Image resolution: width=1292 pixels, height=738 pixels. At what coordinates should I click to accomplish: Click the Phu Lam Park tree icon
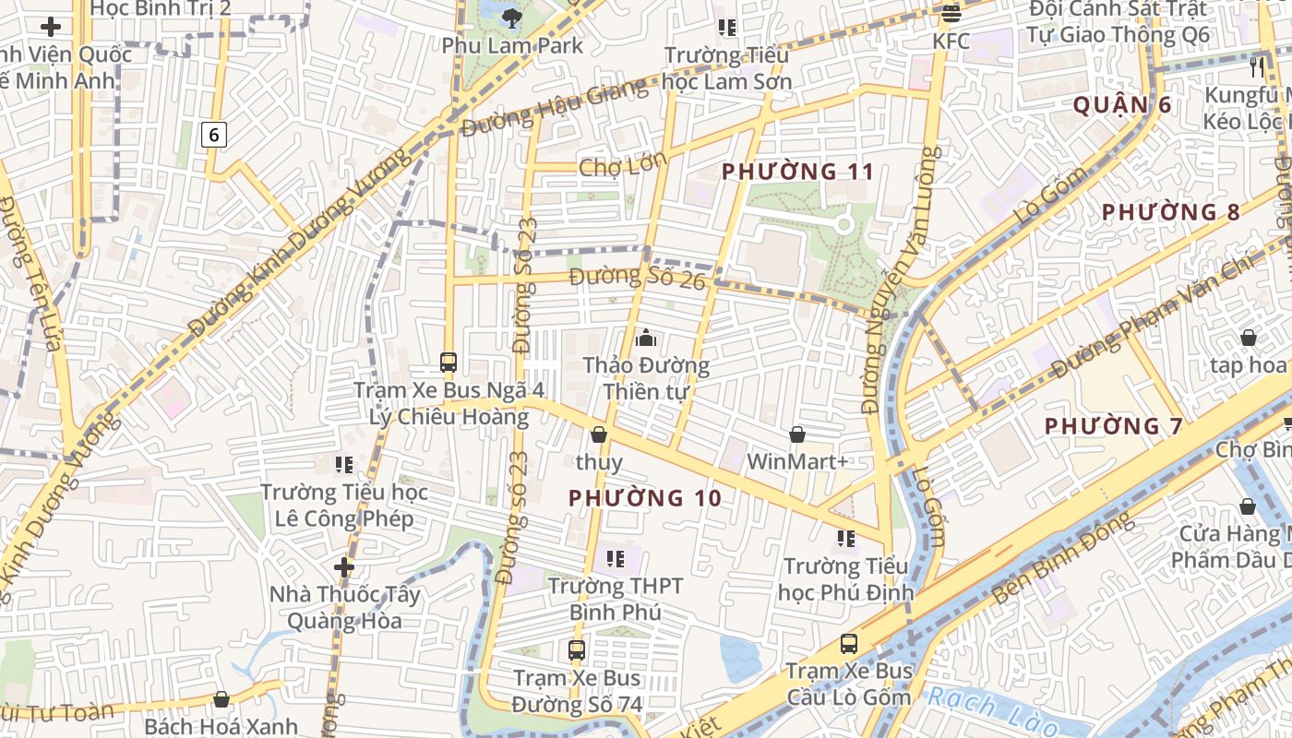click(511, 18)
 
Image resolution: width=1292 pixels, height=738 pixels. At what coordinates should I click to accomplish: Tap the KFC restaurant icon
click(951, 14)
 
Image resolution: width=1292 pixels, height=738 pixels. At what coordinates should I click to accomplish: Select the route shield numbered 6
click(214, 136)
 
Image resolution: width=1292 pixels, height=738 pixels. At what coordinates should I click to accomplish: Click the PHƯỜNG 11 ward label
click(797, 172)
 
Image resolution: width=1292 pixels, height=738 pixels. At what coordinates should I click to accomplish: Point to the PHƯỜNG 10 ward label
click(644, 498)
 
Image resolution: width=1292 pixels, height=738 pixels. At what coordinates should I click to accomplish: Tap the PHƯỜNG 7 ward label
click(1113, 426)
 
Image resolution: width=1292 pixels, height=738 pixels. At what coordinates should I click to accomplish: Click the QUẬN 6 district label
click(1121, 105)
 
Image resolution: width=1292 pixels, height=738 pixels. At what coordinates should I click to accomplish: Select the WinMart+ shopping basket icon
click(797, 434)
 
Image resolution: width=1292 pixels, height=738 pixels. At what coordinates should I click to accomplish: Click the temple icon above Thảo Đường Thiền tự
click(646, 338)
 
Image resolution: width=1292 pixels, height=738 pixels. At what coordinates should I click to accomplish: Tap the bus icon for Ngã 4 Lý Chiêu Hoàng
click(449, 363)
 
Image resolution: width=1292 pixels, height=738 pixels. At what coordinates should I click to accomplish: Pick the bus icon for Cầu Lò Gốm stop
click(848, 644)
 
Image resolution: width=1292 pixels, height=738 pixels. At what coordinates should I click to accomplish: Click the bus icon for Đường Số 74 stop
click(577, 650)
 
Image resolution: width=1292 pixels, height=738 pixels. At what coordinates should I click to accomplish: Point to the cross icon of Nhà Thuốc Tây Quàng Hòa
click(344, 566)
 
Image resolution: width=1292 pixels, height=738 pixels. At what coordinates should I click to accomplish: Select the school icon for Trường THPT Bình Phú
click(615, 558)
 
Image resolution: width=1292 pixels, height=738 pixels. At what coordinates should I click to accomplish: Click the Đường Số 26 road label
click(637, 277)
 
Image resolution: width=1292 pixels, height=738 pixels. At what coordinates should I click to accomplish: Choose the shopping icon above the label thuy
click(599, 434)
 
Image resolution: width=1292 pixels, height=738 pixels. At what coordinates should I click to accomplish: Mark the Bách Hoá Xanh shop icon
click(221, 699)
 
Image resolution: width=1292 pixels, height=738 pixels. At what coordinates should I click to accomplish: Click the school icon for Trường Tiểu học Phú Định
click(845, 538)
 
